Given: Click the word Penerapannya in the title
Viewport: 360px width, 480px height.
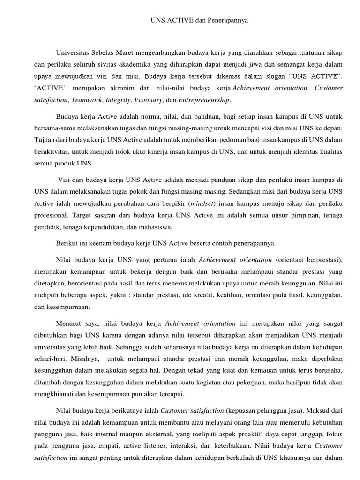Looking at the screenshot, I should pyautogui.click(x=225, y=21).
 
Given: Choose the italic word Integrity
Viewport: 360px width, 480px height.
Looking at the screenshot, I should pyautogui.click(x=118, y=100).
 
